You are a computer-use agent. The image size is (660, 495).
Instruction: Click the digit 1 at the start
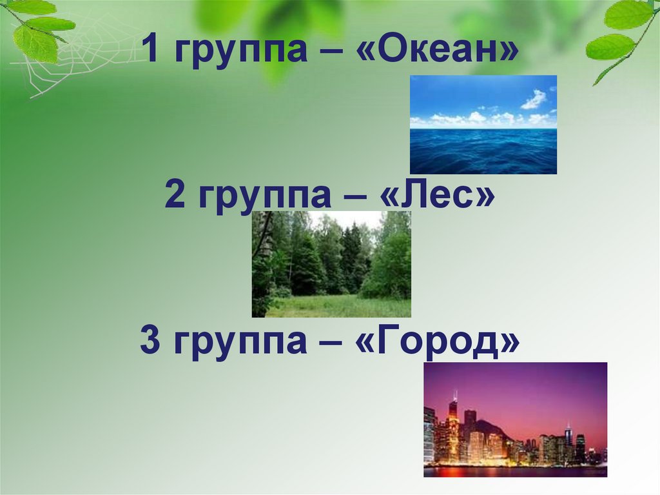point(151,50)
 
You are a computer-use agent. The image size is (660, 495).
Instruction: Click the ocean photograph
point(483,125)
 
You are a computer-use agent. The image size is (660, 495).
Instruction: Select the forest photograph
point(331,264)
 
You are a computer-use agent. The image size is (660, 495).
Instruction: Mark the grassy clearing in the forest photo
point(342,306)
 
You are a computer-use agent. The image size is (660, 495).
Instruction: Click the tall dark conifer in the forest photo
point(351,258)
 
